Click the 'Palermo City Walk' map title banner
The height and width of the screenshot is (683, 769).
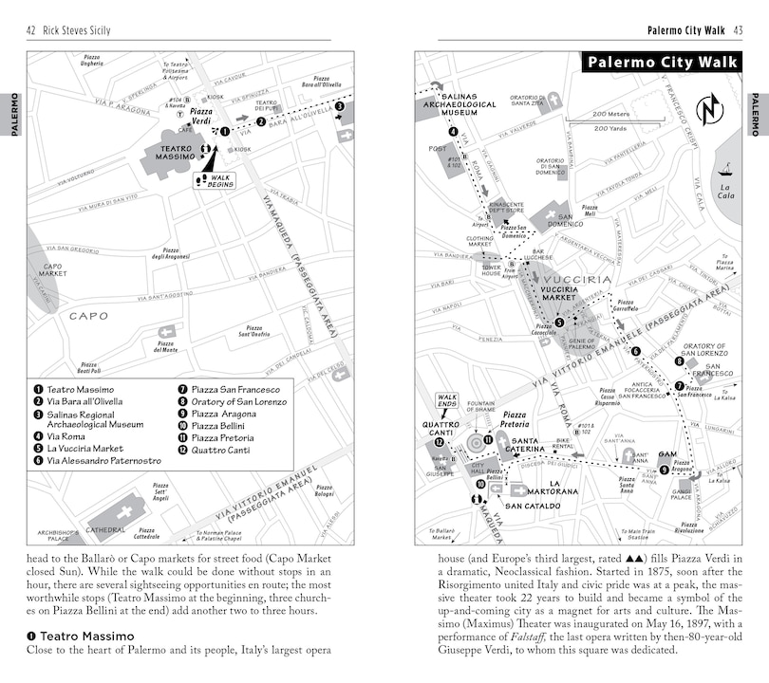click(x=662, y=64)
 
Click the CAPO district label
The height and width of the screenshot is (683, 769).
click(x=88, y=316)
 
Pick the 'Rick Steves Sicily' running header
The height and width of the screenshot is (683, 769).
click(x=74, y=30)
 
